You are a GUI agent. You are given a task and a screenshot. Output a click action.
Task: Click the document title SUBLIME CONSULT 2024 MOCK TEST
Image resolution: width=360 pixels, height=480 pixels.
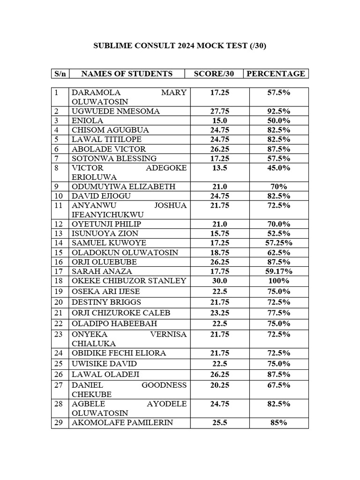[x=180, y=46]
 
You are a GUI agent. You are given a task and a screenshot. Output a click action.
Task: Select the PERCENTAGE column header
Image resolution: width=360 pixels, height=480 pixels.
[x=276, y=74]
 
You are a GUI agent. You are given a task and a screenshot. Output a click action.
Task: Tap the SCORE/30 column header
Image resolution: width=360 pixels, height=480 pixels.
[x=213, y=74]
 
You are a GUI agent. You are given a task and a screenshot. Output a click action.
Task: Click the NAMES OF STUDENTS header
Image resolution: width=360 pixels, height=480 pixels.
[x=127, y=74]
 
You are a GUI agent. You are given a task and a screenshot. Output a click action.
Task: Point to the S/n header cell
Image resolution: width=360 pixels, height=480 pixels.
[x=60, y=74]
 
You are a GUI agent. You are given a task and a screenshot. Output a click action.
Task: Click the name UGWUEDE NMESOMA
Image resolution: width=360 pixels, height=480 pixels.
[x=116, y=111]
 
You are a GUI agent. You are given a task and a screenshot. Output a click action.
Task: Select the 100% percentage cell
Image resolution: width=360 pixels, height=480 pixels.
[x=278, y=280]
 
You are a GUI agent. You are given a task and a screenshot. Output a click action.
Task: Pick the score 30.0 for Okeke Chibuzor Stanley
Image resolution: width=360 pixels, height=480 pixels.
[x=219, y=280]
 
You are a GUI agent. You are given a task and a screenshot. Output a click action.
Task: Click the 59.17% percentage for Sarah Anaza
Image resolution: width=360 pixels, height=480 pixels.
[x=278, y=271]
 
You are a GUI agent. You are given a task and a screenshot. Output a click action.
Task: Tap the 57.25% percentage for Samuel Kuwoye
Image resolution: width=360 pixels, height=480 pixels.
[x=278, y=243]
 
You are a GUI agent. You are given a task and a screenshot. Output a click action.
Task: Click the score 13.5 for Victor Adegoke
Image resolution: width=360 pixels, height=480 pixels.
[x=219, y=168]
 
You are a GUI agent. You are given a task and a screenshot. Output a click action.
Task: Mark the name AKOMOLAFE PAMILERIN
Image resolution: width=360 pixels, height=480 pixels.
[x=122, y=423]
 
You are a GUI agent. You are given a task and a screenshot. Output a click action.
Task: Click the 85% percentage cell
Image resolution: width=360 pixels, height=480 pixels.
[x=278, y=423]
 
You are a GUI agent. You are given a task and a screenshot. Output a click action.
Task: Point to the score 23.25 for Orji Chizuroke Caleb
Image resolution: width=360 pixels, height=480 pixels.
[x=219, y=313]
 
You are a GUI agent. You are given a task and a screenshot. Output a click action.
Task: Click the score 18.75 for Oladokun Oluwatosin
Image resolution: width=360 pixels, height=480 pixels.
[x=219, y=252]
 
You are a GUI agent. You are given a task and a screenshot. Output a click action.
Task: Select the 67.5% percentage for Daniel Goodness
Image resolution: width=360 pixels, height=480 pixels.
[x=278, y=385]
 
